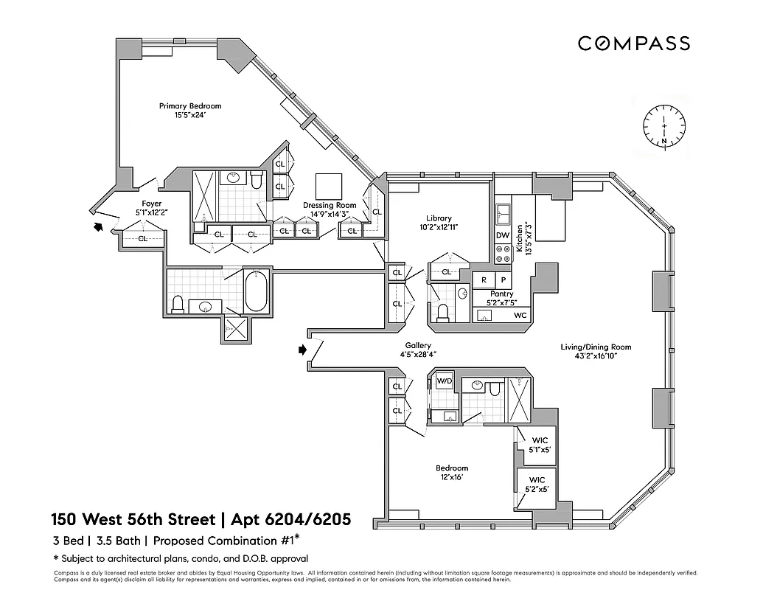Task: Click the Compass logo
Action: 633,44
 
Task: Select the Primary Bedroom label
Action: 190,106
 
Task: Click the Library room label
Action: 439,218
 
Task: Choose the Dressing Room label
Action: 330,206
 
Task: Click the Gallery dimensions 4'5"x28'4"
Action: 417,355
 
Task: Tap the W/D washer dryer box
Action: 444,381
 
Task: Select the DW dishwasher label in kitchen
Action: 503,236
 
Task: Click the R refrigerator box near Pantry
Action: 484,280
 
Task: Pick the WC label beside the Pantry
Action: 520,316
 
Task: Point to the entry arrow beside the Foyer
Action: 97,228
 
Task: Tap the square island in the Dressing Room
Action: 329,185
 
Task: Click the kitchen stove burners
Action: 503,254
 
